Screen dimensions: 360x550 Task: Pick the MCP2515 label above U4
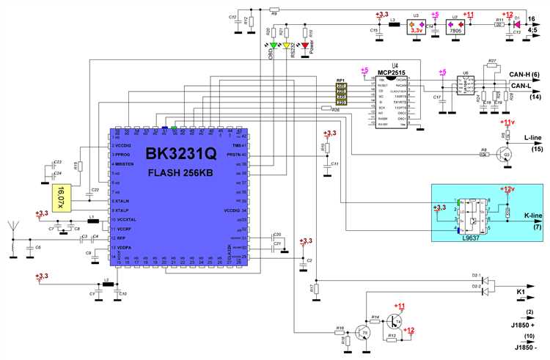(392, 70)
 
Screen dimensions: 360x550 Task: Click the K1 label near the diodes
(521, 293)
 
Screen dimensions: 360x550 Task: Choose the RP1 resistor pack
(341, 94)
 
